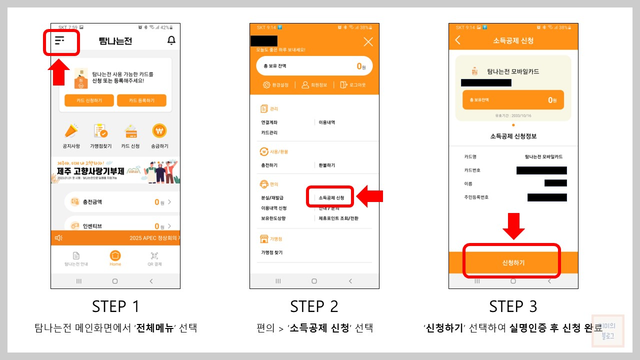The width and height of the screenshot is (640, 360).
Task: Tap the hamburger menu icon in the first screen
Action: pos(60,41)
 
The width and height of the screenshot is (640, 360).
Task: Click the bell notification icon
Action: pos(171,40)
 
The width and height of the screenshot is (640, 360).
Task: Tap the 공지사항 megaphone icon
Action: pos(71,131)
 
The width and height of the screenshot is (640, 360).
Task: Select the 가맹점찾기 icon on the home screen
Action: pos(100,131)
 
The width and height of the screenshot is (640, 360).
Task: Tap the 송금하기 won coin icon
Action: pos(159,131)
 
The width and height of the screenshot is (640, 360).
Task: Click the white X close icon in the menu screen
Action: pos(368,42)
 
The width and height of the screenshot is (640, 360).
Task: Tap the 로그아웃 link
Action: pos(353,85)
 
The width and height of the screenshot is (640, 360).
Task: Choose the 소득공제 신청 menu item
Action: pos(331,198)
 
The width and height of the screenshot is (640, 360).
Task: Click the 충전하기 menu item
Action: pos(269,165)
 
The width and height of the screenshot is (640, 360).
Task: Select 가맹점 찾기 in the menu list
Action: pos(271,252)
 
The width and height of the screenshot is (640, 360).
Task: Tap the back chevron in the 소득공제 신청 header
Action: pos(458,40)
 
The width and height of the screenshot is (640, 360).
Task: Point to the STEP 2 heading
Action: pos(314,306)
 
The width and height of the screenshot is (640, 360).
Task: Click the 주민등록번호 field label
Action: pos(476,197)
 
